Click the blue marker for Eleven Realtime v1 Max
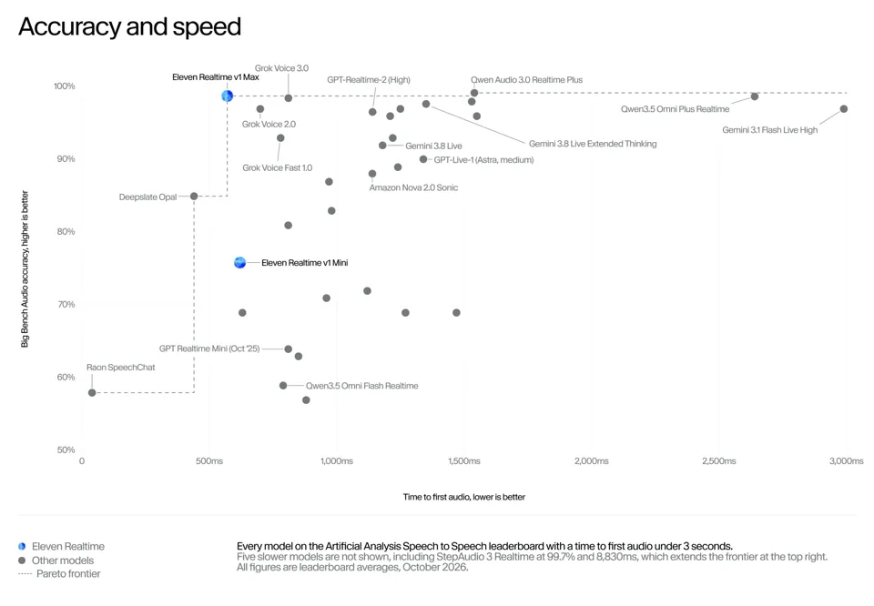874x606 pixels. coord(227,96)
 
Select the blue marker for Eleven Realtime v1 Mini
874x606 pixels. coord(239,262)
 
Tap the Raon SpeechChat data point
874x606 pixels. coord(92,393)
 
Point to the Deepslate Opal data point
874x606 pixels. coord(194,196)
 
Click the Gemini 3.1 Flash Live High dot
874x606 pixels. coord(844,108)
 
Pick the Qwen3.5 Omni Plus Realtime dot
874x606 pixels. coord(755,96)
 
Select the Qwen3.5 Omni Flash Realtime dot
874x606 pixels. coord(283,386)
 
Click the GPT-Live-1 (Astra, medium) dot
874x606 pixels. coord(423,159)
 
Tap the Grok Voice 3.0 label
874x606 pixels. coord(281,68)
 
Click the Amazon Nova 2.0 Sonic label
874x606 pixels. coord(413,187)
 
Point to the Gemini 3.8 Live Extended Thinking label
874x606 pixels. coord(593,144)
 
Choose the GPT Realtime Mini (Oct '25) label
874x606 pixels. coord(209,348)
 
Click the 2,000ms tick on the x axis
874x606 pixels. coord(592,461)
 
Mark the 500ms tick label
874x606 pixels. coord(209,461)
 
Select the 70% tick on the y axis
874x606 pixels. coord(66,304)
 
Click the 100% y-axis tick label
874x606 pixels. coord(64,86)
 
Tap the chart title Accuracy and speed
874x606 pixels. coord(130,26)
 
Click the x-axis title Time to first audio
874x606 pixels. coord(464,497)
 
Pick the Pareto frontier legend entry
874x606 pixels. coord(60,573)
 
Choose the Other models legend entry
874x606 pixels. coord(56,561)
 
